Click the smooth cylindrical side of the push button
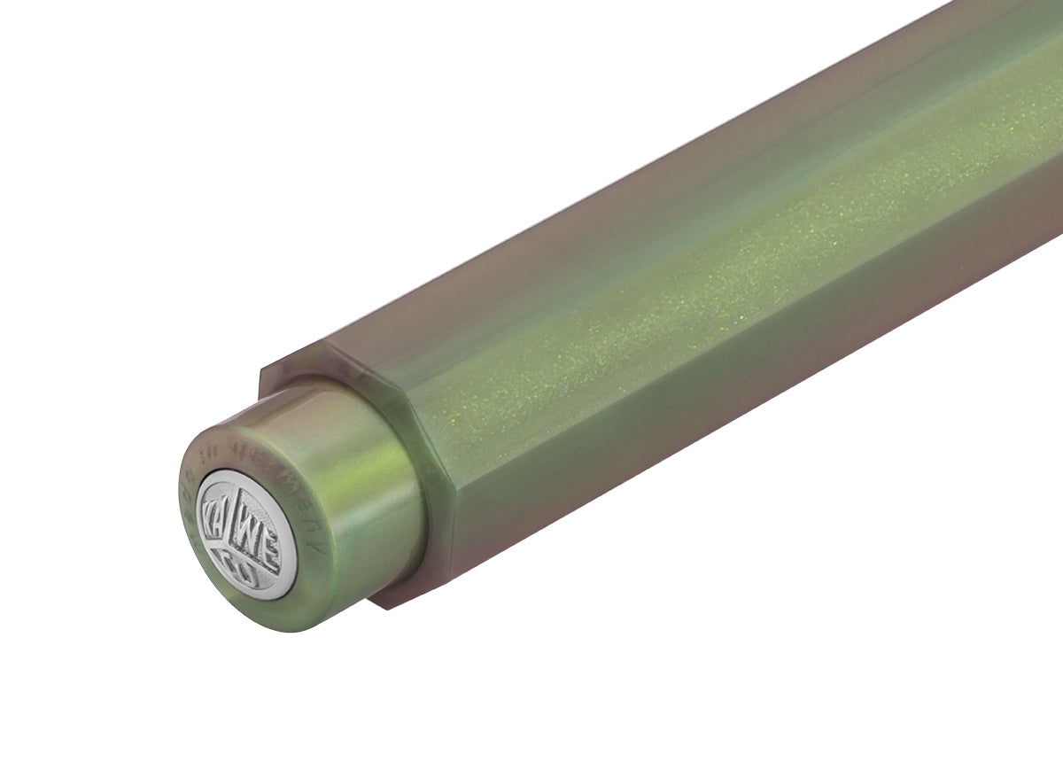tap(354, 496)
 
